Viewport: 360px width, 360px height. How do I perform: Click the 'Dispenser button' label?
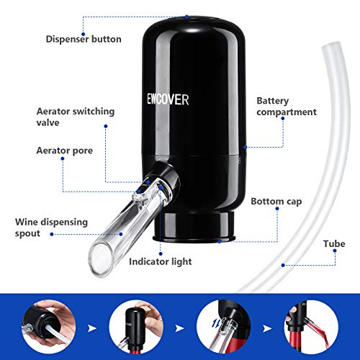pyautogui.click(x=84, y=39)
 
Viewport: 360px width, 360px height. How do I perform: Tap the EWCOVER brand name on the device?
pyautogui.click(x=168, y=99)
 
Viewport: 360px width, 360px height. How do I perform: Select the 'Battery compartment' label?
pyautogui.click(x=287, y=107)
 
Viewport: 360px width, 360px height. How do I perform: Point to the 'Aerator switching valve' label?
pyautogui.click(x=76, y=117)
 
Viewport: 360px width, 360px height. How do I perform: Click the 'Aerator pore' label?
pyautogui.click(x=65, y=150)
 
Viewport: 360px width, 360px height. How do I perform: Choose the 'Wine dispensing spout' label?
pyautogui.click(x=51, y=228)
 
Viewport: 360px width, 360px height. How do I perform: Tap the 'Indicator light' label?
pyautogui.click(x=161, y=261)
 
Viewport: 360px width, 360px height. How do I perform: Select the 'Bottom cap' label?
pyautogui.click(x=276, y=202)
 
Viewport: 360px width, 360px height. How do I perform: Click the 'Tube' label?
pyautogui.click(x=334, y=244)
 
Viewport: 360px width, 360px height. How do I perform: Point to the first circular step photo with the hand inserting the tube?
pyautogui.click(x=49, y=327)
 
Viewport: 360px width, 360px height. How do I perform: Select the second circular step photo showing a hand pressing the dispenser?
pyautogui.click(x=136, y=327)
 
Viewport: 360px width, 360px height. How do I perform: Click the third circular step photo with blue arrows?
pyautogui.click(x=224, y=327)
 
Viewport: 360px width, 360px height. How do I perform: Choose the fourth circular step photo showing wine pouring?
pyautogui.click(x=311, y=327)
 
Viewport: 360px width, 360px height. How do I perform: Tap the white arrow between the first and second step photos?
pyautogui.click(x=92, y=328)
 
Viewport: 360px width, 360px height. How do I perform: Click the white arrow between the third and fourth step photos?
pyautogui.click(x=267, y=328)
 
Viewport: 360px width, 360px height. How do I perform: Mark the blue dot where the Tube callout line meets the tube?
pyautogui.click(x=283, y=265)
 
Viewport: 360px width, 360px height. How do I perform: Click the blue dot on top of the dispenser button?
pyautogui.click(x=186, y=17)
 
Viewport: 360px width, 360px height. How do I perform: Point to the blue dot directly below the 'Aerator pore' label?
pyautogui.click(x=63, y=158)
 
